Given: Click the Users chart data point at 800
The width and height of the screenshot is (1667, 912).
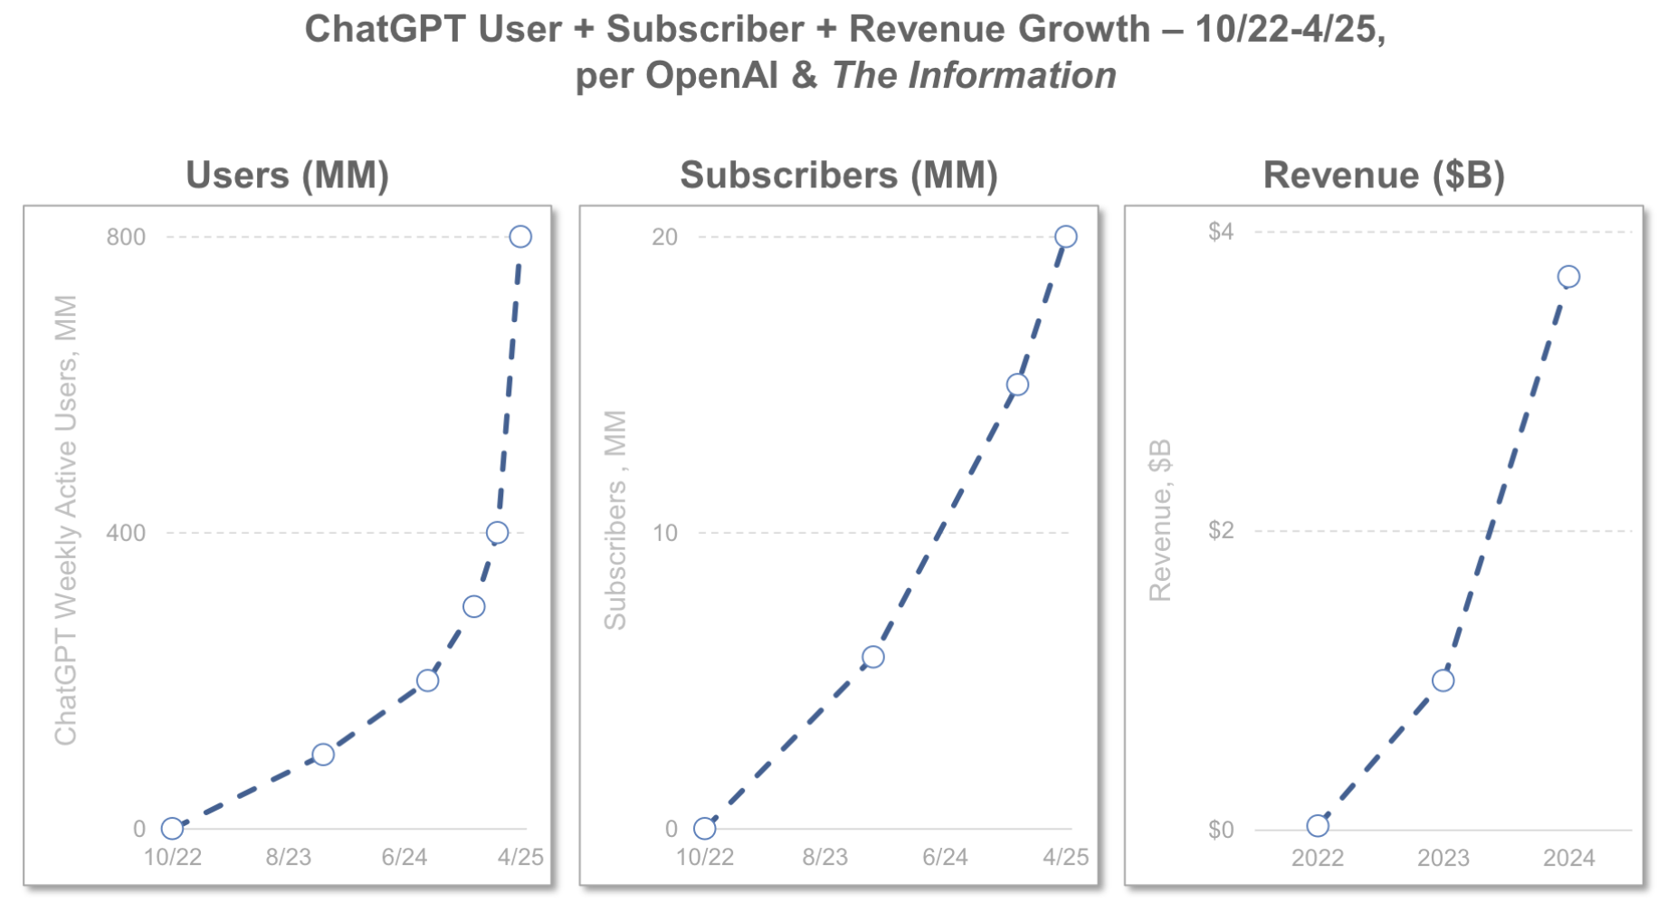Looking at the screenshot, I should (520, 237).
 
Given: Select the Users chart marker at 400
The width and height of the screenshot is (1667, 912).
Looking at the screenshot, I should (497, 533).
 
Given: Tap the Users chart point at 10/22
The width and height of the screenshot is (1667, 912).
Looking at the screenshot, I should (172, 828).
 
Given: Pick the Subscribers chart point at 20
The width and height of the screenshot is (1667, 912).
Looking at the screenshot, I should (1066, 237).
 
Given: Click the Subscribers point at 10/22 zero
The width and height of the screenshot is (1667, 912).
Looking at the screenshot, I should (705, 828).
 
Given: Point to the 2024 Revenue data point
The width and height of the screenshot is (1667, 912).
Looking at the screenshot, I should (1569, 277).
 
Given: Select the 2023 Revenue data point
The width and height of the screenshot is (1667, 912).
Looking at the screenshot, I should (1443, 680).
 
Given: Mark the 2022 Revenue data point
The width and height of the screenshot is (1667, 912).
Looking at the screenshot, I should (1318, 825).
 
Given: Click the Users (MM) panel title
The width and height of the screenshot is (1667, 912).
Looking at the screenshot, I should (287, 176).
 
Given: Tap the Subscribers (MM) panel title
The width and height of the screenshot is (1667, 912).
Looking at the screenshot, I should (839, 176).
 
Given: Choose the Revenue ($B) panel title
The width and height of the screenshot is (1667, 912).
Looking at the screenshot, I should (1384, 176).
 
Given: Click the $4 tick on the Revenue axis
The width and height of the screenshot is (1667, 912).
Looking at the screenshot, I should (1221, 232).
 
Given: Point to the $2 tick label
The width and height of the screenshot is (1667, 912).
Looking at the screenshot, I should (1221, 530).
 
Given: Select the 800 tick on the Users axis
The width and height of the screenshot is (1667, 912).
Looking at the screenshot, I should (126, 237).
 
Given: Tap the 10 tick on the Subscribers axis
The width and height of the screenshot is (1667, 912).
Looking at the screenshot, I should (664, 533).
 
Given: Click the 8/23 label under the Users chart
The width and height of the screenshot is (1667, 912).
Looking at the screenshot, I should (288, 857).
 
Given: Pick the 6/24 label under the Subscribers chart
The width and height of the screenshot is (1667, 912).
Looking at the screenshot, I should (945, 857).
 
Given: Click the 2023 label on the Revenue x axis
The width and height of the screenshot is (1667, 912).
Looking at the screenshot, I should (1443, 858).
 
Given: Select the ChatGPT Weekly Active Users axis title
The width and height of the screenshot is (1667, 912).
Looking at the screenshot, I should (66, 520).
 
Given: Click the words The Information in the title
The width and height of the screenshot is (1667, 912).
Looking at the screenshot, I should (974, 76).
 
